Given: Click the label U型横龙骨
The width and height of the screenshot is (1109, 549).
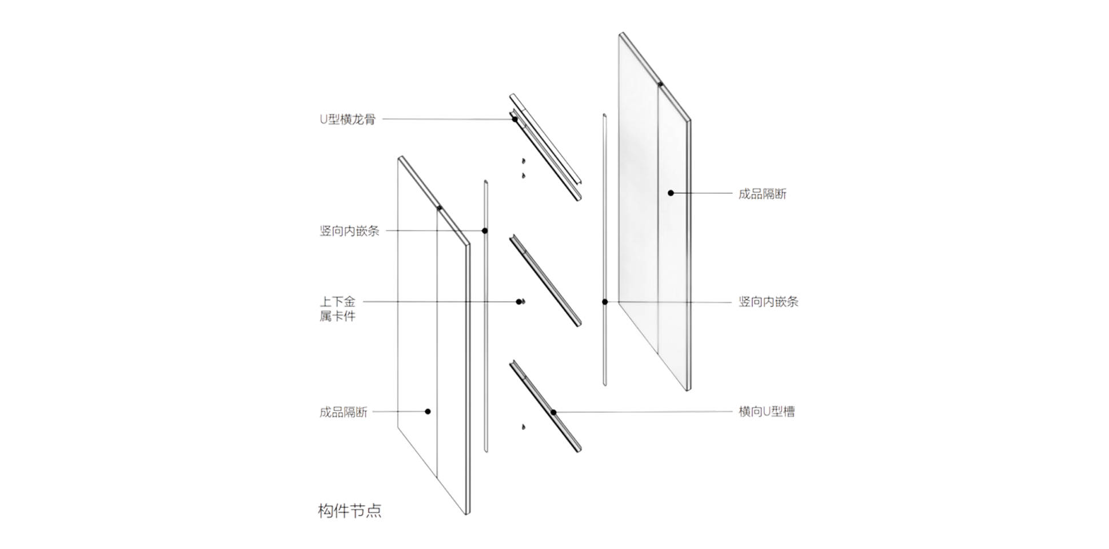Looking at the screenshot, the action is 348,120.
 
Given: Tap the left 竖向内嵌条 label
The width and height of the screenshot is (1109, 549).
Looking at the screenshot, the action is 349,231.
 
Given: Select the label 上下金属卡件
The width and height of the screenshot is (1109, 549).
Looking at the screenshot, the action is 337,309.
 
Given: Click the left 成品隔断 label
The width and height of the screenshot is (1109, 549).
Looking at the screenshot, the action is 343,412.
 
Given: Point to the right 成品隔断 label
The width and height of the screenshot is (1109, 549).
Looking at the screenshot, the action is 763,194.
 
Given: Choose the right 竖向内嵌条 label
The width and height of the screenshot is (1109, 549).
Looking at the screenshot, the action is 768,302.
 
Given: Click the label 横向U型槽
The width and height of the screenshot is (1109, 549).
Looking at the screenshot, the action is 767,412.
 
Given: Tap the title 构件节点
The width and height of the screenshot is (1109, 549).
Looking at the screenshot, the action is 350,511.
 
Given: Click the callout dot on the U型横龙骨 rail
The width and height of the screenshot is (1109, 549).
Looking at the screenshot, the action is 514,120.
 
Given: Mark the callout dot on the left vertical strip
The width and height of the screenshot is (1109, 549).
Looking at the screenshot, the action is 485,231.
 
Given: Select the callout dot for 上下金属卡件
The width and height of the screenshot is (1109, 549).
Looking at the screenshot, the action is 519,302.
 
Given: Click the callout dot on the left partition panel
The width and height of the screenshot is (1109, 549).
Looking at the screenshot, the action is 428,412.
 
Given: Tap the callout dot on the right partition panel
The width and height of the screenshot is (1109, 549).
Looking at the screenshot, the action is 671,193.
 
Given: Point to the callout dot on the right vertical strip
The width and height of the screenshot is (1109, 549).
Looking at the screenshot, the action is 605,302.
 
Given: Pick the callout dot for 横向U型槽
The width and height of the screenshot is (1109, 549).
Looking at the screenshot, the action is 553,412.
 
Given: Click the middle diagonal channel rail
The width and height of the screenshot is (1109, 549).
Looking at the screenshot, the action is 545,280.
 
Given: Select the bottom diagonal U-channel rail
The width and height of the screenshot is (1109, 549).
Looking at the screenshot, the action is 545,406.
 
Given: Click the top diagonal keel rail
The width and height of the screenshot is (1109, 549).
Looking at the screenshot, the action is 545,147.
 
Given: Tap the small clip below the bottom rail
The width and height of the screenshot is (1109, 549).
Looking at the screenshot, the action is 523,427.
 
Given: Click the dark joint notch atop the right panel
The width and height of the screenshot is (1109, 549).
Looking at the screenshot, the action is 660,84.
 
